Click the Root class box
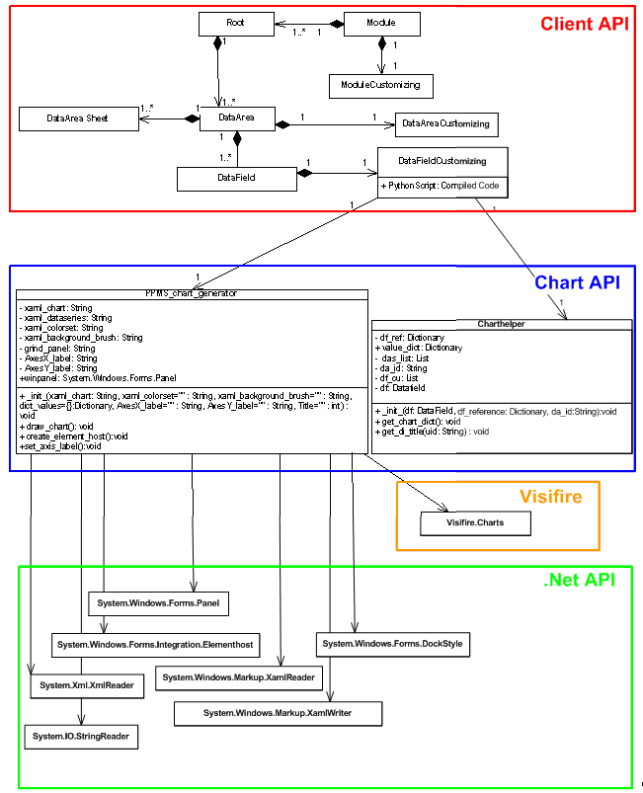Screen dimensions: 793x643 235,23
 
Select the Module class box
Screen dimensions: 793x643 381,23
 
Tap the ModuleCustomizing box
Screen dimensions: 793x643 381,85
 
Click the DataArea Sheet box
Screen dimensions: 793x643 77,119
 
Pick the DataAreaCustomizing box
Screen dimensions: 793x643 445,123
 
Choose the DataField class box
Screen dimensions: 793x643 236,178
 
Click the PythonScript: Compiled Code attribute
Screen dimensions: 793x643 440,186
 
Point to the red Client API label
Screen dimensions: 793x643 583,24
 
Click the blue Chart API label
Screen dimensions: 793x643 577,282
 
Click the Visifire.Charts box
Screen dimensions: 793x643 475,523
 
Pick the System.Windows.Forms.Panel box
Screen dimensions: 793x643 159,601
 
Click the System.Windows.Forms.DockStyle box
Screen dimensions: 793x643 392,645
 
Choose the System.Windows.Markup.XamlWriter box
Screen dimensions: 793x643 278,712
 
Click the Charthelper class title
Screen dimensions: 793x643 500,324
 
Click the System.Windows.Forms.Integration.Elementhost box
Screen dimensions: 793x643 155,644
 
